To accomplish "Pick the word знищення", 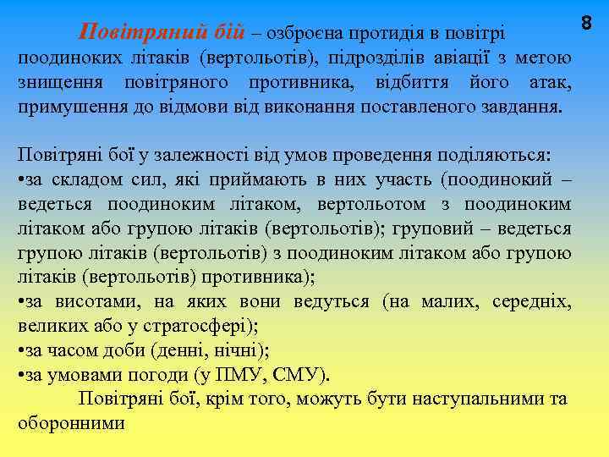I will [x=60, y=83].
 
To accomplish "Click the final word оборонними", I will [x=70, y=423].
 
